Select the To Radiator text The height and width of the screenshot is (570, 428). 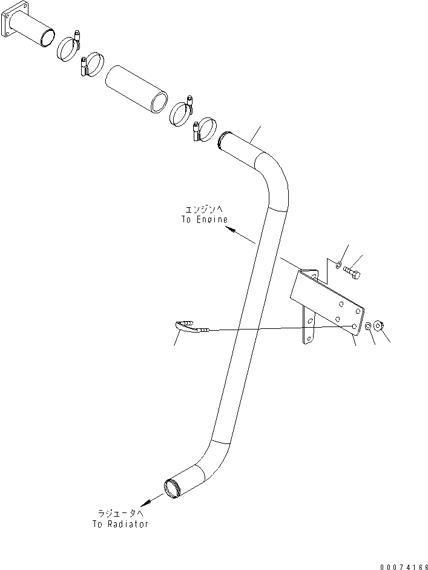coord(120,524)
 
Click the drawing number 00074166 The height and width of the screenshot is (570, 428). coord(402,566)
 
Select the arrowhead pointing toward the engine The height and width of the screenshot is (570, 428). coord(228,229)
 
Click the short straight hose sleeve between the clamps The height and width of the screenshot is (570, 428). coord(136,88)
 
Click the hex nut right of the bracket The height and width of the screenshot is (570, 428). coord(379,326)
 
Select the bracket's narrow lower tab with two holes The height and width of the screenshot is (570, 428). coord(309,327)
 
